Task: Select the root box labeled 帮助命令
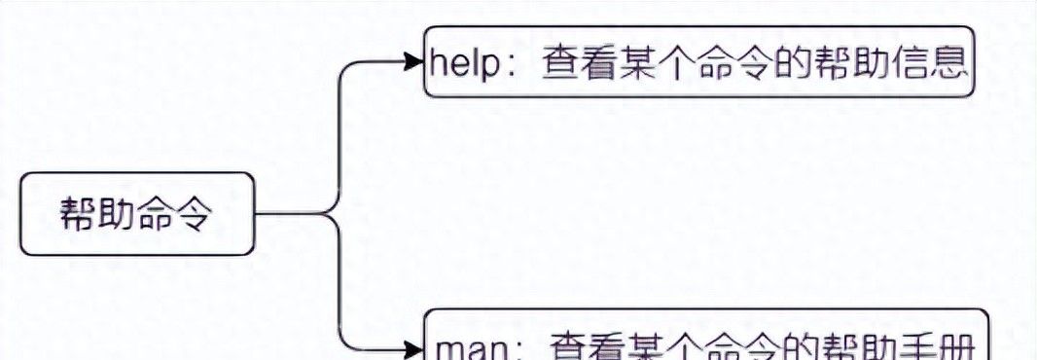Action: click(137, 214)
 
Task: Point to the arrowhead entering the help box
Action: click(414, 62)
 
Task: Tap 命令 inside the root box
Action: click(175, 214)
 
